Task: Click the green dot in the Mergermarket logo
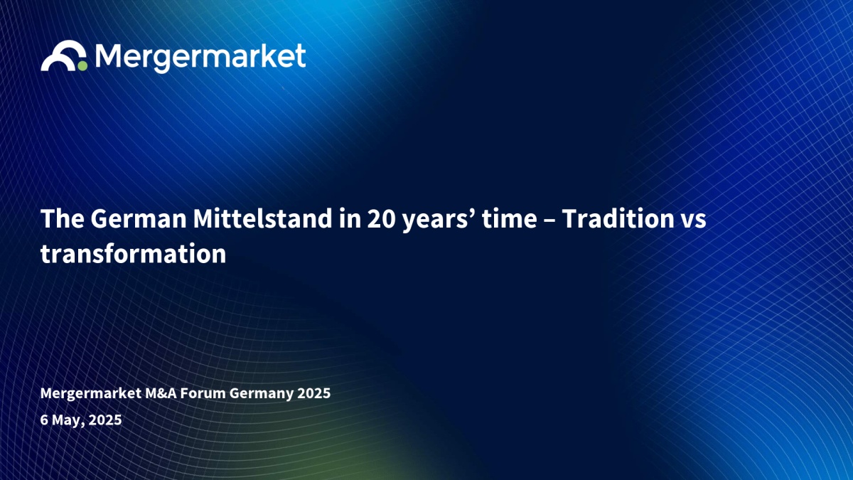pos(82,66)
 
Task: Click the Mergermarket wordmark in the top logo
pos(200,58)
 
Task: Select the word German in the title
pos(138,219)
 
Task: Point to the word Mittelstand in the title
pos(263,218)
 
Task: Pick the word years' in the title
pos(439,220)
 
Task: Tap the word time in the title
pos(509,219)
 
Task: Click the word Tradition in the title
pos(618,219)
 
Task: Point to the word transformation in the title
pos(134,253)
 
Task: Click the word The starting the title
pos(63,219)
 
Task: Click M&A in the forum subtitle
pos(161,393)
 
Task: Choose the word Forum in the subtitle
pos(203,393)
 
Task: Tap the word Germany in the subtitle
pos(262,394)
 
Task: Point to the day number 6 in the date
pos(44,420)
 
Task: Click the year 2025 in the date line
pos(105,420)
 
